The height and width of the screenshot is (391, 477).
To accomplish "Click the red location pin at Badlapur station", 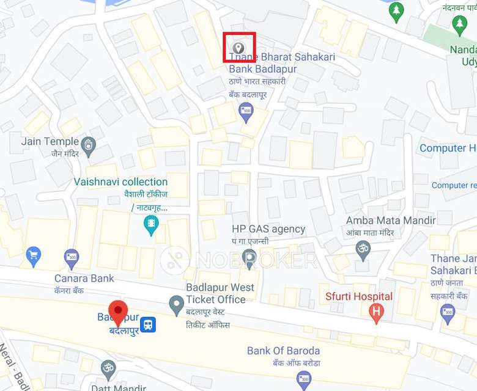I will tap(118, 312).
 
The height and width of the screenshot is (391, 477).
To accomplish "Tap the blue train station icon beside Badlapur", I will tap(147, 325).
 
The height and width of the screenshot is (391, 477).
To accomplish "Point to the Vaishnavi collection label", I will tap(120, 182).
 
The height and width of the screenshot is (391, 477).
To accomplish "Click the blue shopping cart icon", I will tap(34, 254).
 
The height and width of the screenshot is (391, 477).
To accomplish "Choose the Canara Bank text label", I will tap(84, 279).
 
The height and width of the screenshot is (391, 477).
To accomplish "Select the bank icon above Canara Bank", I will tap(72, 257).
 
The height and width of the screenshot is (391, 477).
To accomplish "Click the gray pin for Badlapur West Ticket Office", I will tap(177, 302).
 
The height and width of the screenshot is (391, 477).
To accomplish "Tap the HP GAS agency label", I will tap(268, 229).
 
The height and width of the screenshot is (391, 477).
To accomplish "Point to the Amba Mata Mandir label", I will tap(391, 221).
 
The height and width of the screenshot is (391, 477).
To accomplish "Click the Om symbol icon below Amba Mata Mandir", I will tap(363, 250).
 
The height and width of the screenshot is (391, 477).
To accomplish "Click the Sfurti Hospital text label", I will tap(358, 297).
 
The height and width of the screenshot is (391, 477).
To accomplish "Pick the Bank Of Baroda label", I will tap(283, 351).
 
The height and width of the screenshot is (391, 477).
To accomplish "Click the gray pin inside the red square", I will tap(239, 47).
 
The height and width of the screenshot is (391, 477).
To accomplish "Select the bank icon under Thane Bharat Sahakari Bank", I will tap(246, 111).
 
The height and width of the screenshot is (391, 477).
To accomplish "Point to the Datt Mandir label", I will tap(118, 387).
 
